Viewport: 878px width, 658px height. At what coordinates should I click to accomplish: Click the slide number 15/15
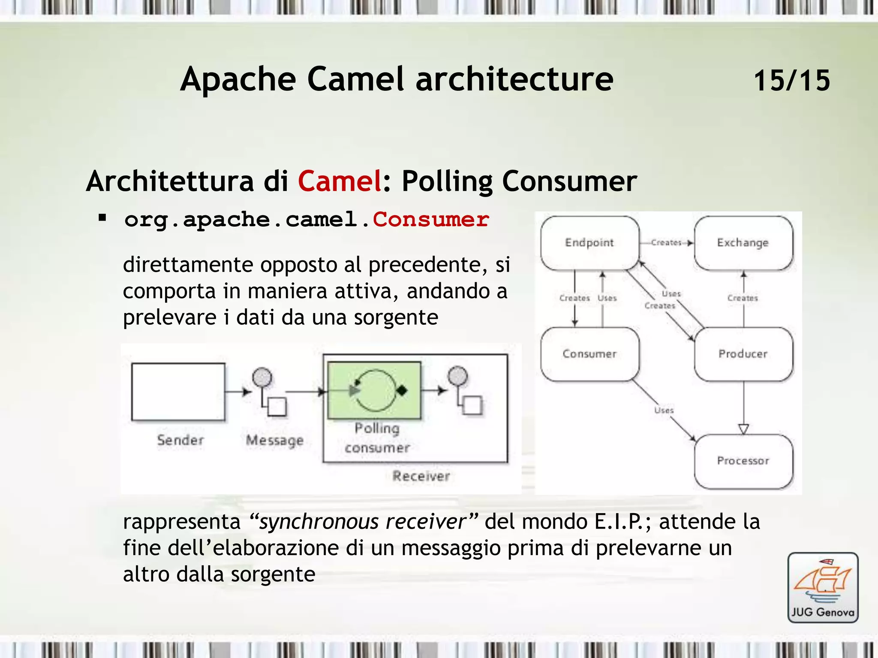click(x=791, y=81)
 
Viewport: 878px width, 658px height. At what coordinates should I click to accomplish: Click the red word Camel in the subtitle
click(x=340, y=181)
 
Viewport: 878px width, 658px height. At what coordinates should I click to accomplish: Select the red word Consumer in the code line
click(x=431, y=219)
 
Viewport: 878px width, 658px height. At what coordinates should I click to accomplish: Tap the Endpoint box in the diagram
click(x=589, y=242)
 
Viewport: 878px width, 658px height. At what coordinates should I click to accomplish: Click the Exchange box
click(x=743, y=242)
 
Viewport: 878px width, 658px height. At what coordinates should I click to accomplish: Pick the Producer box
click(x=743, y=354)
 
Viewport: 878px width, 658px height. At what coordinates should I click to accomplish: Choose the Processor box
click(x=743, y=461)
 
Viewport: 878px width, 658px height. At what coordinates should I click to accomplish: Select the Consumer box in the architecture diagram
click(x=589, y=354)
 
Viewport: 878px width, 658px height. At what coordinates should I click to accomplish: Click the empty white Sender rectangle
click(x=178, y=392)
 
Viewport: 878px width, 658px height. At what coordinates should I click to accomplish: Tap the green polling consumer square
click(x=374, y=390)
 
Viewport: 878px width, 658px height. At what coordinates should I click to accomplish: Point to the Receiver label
click(x=421, y=476)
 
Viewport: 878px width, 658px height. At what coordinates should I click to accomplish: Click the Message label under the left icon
click(x=274, y=440)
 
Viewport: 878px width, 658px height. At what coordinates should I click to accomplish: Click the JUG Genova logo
click(x=823, y=587)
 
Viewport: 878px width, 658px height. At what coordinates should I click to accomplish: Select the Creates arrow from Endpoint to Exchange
click(x=667, y=242)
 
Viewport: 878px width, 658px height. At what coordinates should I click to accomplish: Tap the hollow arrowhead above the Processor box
click(x=743, y=429)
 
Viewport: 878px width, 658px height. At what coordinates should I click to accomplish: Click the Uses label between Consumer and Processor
click(x=664, y=410)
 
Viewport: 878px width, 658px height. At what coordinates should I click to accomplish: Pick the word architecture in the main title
click(x=514, y=79)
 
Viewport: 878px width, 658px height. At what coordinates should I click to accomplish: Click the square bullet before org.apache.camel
click(x=102, y=218)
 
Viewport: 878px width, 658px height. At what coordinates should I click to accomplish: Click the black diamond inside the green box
click(x=402, y=390)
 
